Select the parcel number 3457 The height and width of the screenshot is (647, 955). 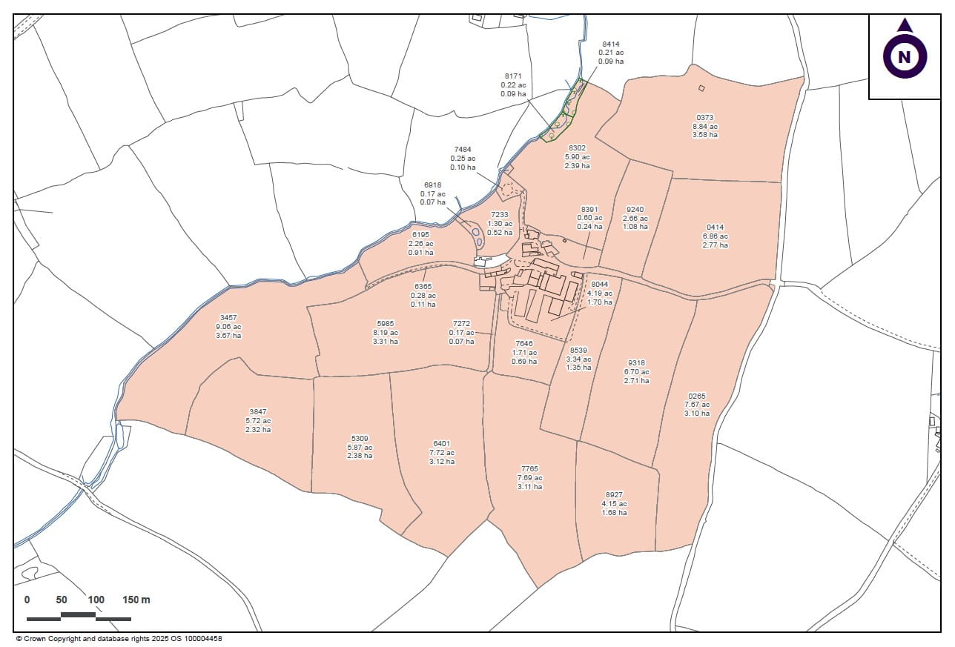(x=228, y=317)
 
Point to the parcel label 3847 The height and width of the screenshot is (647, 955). (x=258, y=411)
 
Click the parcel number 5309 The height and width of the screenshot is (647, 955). (x=360, y=438)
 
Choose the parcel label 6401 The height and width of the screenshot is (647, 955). (x=442, y=443)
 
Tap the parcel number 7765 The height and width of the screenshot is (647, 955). (x=529, y=469)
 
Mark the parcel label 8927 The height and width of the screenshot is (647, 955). (x=614, y=495)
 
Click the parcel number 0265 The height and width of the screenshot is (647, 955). (x=697, y=396)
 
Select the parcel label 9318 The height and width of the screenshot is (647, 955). (x=636, y=362)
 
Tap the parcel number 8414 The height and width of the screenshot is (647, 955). (x=611, y=44)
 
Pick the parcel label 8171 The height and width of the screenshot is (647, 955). (x=513, y=76)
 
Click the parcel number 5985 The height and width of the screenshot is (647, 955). (x=386, y=324)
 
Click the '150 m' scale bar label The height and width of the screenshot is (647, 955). (x=136, y=600)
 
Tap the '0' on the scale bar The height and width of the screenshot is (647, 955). (x=27, y=600)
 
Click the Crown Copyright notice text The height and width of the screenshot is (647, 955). (x=119, y=638)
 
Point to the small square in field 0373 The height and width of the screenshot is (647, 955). (x=701, y=88)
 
